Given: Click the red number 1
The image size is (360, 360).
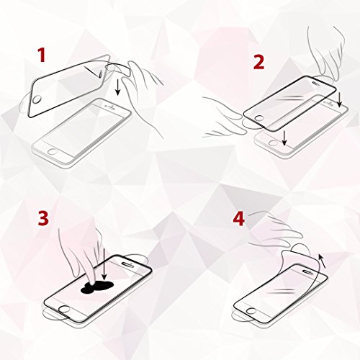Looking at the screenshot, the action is [42, 55].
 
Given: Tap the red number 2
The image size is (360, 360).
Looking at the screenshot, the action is [258, 62].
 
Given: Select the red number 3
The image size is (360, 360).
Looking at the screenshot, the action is [43, 219].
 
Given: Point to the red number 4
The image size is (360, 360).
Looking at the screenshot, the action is [239, 219].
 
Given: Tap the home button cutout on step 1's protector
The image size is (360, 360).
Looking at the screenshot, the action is [36, 99].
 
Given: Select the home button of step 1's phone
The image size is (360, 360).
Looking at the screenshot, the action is [53, 152].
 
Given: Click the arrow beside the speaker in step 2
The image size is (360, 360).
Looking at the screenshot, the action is [339, 99].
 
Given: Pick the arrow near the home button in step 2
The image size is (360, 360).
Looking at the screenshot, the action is [284, 138].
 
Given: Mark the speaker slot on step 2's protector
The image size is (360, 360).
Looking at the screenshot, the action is [318, 82].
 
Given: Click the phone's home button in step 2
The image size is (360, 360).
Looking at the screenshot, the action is [274, 143].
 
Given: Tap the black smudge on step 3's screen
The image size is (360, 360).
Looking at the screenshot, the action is [96, 287].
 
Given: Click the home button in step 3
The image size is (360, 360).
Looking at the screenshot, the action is [64, 309].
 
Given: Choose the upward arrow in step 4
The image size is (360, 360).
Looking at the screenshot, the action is [323, 261].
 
